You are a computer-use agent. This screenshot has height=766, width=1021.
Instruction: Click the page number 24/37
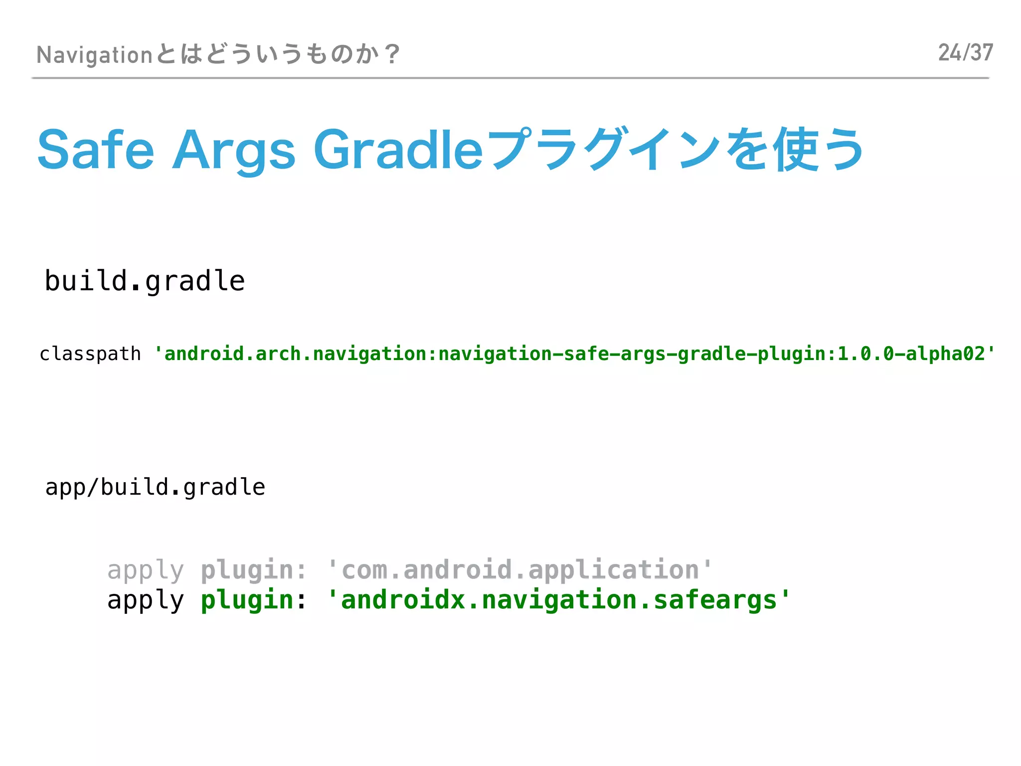[x=965, y=53]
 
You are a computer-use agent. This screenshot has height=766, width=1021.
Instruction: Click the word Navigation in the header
[x=94, y=55]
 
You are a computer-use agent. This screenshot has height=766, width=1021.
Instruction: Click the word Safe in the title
[x=96, y=150]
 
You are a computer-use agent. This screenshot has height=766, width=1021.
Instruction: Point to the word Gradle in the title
[x=398, y=150]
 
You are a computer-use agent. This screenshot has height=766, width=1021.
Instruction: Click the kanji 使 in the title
[x=795, y=150]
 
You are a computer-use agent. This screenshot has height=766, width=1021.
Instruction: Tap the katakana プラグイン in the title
[x=603, y=150]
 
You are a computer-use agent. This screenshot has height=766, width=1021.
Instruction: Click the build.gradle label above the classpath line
[x=145, y=281]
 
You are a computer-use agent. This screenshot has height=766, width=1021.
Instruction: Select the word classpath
[x=90, y=354]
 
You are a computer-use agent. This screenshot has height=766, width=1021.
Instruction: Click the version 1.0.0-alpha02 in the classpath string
[x=911, y=354]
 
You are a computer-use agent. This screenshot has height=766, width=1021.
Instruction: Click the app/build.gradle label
[x=155, y=487]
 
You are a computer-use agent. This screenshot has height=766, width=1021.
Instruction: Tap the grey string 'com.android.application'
[x=520, y=570]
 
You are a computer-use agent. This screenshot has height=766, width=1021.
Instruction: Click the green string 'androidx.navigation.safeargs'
[x=558, y=600]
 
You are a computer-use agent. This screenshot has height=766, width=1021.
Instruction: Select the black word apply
[x=146, y=600]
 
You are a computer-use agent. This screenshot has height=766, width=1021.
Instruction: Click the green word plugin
[x=247, y=600]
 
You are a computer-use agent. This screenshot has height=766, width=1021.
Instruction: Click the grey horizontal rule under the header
[x=510, y=78]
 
